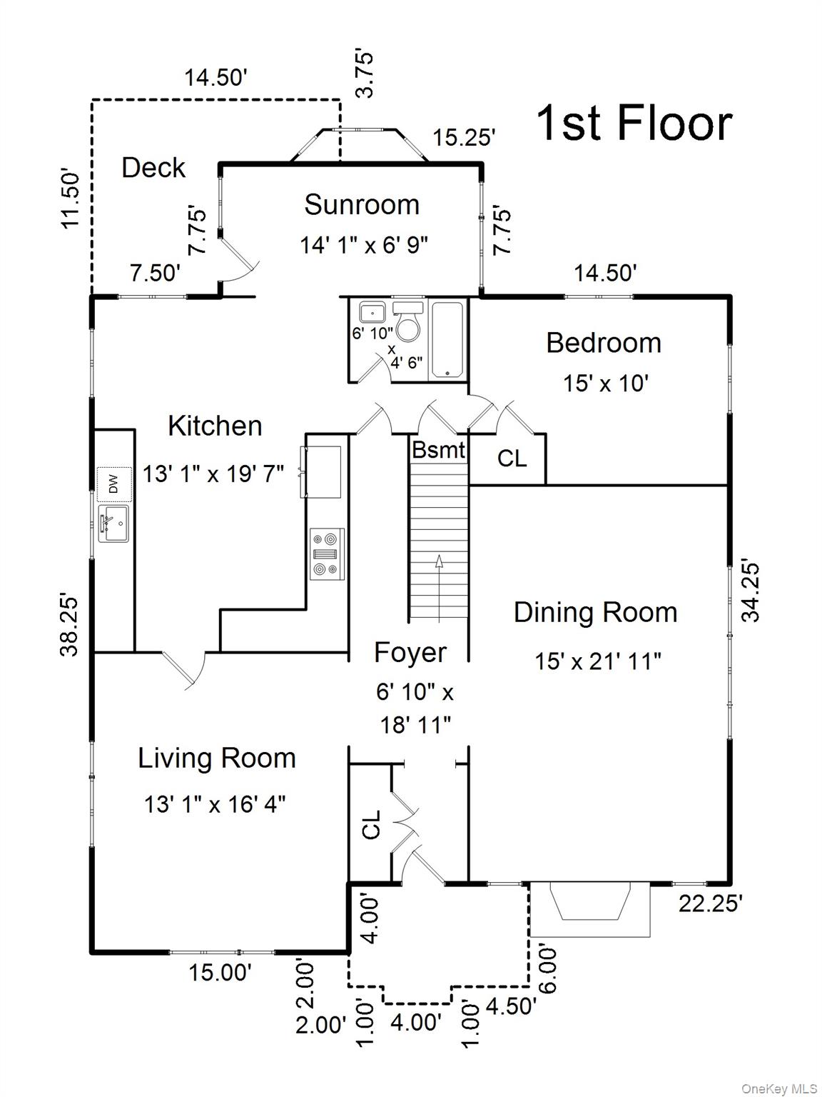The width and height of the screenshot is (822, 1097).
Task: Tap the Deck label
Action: click(153, 167)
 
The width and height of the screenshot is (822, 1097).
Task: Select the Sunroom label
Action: click(362, 204)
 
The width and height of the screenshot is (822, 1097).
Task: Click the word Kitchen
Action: click(215, 426)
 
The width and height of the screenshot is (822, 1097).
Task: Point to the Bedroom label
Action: click(604, 343)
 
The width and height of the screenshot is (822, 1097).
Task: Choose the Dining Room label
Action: click(595, 612)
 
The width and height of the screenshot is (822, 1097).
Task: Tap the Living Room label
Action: click(217, 758)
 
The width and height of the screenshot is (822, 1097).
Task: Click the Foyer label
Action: click(410, 653)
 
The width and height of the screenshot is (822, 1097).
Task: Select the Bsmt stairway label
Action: click(439, 450)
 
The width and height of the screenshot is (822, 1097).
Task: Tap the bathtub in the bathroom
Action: click(447, 339)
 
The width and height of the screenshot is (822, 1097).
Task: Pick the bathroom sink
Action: click(372, 312)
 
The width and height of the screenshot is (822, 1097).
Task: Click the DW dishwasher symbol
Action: click(114, 484)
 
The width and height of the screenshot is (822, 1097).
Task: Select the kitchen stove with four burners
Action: click(327, 554)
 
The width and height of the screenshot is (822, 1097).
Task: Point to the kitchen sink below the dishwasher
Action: click(113, 524)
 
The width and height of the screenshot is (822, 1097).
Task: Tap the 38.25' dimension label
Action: click(69, 625)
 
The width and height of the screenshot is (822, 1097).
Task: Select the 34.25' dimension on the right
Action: click(750, 592)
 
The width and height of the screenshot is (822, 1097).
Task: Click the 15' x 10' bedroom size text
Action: click(605, 384)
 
